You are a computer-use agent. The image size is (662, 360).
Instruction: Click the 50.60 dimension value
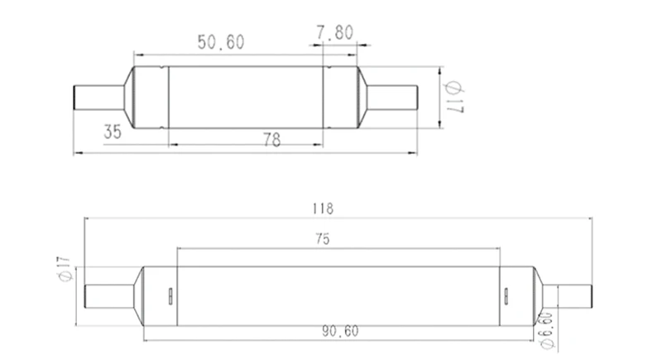pyautogui.click(x=221, y=42)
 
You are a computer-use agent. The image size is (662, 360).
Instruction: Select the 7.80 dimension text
pyautogui.click(x=335, y=32)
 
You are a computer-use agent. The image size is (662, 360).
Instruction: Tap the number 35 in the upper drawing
pyautogui.click(x=113, y=132)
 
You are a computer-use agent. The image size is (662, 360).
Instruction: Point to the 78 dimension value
pyautogui.click(x=272, y=140)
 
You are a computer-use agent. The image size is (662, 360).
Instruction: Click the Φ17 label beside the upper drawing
pyautogui.click(x=453, y=98)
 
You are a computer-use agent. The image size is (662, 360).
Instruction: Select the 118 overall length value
pyautogui.click(x=323, y=209)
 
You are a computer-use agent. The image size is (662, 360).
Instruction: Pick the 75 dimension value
pyautogui.click(x=323, y=239)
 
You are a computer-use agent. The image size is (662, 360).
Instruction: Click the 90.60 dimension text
pyautogui.click(x=340, y=331)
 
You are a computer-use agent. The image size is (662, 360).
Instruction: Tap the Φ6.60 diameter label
pyautogui.click(x=547, y=331)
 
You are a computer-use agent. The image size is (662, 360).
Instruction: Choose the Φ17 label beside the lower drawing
pyautogui.click(x=65, y=269)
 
